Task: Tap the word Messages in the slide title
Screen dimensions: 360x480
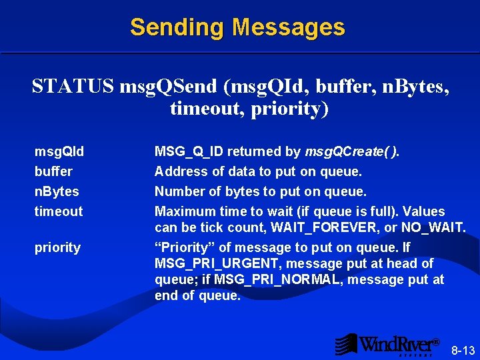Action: tap(289, 27)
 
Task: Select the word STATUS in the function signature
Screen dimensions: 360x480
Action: tap(73, 87)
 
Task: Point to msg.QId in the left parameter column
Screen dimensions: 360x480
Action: tap(59, 151)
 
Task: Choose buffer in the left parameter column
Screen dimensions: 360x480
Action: tap(53, 171)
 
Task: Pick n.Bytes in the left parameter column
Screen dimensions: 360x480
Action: tap(57, 191)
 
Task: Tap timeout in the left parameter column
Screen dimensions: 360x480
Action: tap(59, 211)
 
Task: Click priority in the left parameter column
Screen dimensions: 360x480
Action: tap(57, 247)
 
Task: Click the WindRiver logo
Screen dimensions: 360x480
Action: tap(387, 344)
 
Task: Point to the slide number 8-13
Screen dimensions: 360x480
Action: tap(463, 350)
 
